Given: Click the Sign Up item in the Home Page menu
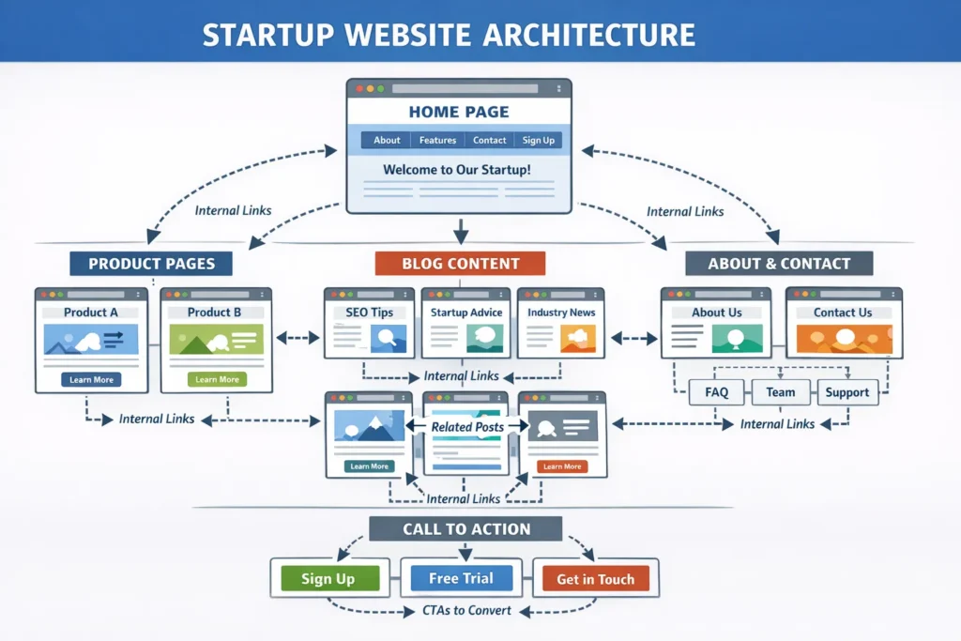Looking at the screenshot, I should pyautogui.click(x=538, y=141).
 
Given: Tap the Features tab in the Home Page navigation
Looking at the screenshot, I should pyautogui.click(x=437, y=141).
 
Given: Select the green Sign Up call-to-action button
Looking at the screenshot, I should pyautogui.click(x=328, y=579).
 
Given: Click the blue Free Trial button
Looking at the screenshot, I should pyautogui.click(x=461, y=578).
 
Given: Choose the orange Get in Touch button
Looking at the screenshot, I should pyautogui.click(x=595, y=579).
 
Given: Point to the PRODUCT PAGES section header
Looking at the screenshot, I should pyautogui.click(x=151, y=264).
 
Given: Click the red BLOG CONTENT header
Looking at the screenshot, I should pyautogui.click(x=460, y=264).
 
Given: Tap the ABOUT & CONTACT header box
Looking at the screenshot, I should pyautogui.click(x=779, y=264).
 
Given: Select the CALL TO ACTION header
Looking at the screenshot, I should pyautogui.click(x=465, y=529).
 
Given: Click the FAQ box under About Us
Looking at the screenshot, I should pyautogui.click(x=716, y=392).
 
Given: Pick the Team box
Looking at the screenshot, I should pyautogui.click(x=780, y=392).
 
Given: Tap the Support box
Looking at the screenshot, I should pyautogui.click(x=847, y=392).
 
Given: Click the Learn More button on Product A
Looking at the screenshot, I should pyautogui.click(x=91, y=380).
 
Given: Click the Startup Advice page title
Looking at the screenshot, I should pyautogui.click(x=466, y=313).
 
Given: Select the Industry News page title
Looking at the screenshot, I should pyautogui.click(x=561, y=313).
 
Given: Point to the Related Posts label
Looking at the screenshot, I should pyautogui.click(x=466, y=427).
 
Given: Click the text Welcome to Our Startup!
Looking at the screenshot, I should pyautogui.click(x=457, y=171).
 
